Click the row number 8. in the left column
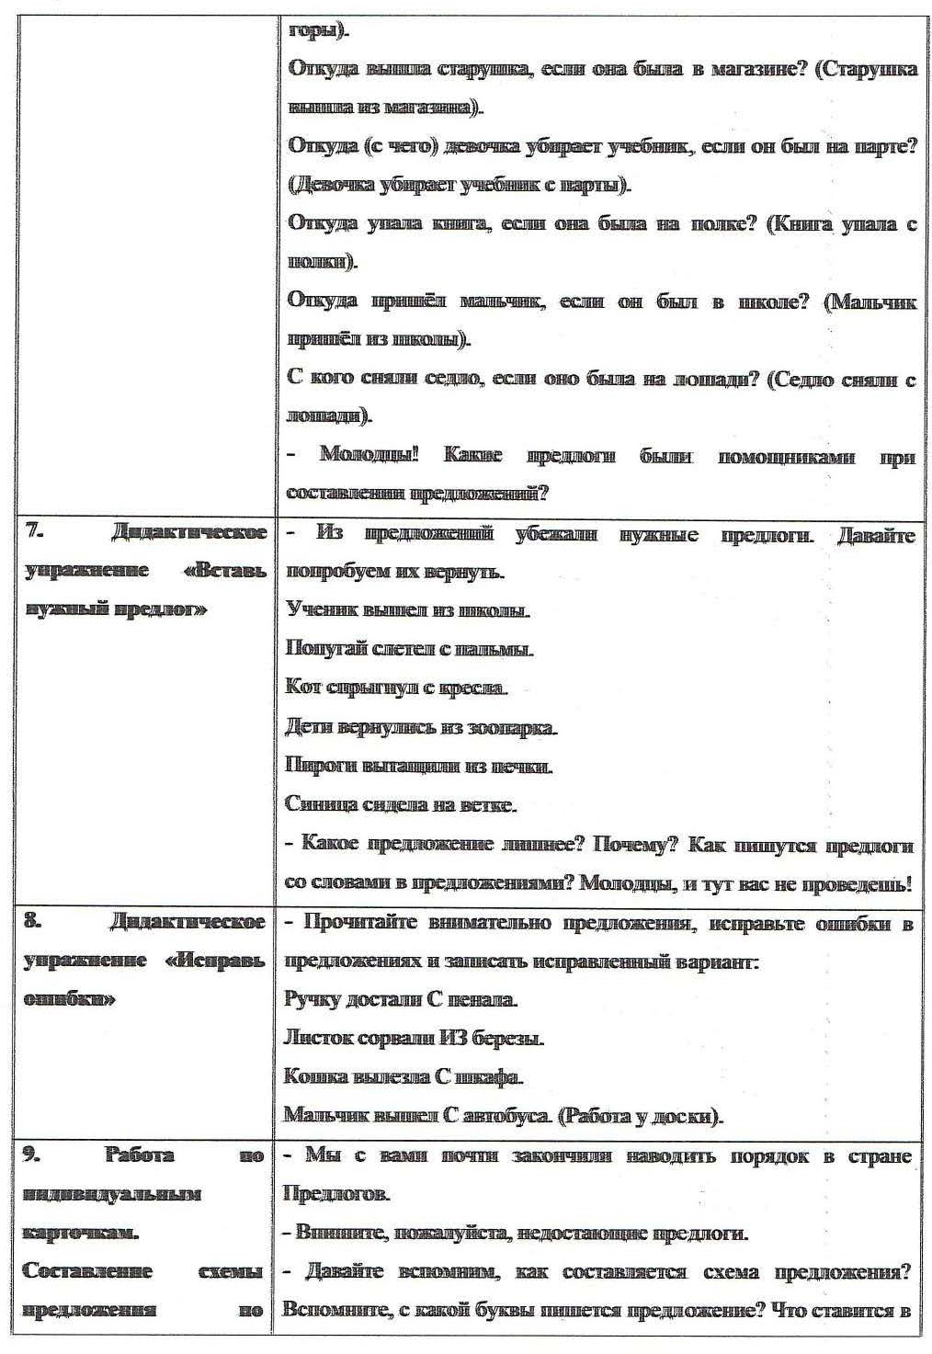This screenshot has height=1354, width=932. [33, 922]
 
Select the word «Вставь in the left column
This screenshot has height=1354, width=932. [225, 571]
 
